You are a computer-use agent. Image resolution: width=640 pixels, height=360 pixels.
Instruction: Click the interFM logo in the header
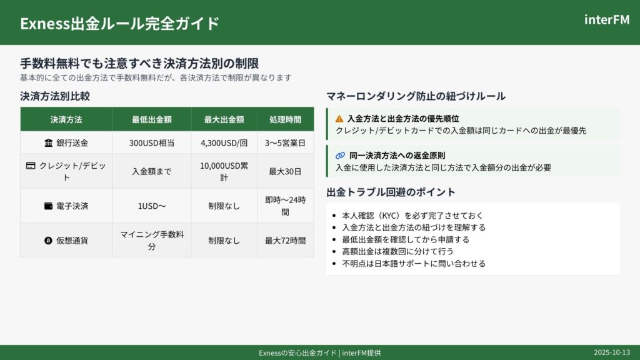[x=607, y=19]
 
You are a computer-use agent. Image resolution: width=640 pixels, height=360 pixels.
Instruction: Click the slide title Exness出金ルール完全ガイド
[x=119, y=23]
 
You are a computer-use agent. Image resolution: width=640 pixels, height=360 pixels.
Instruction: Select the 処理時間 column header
[x=285, y=119]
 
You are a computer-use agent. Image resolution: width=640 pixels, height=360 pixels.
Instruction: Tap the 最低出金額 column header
[x=152, y=119]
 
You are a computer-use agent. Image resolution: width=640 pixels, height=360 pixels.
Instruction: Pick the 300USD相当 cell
[x=152, y=143]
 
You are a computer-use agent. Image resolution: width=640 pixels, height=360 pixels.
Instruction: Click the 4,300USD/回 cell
[x=224, y=143]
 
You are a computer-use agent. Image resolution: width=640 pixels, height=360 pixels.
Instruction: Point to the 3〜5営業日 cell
[x=285, y=143]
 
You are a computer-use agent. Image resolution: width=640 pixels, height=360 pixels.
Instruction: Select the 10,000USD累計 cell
[x=224, y=171]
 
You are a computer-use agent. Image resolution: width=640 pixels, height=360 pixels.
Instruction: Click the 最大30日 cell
[x=285, y=171]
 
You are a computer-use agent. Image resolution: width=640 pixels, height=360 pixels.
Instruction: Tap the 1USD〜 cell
[x=152, y=206]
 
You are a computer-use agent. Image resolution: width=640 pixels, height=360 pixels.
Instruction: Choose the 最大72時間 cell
[x=285, y=241]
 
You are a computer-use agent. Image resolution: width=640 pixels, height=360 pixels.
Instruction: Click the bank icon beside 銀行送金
[x=49, y=143]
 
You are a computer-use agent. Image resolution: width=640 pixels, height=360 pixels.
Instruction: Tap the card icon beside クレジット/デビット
[x=31, y=165]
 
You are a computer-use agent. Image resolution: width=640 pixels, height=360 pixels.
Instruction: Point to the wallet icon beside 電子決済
[x=49, y=206]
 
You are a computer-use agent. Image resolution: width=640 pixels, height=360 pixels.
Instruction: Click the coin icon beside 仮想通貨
[x=48, y=241]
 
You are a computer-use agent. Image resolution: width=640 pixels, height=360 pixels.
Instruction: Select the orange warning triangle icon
[x=339, y=119]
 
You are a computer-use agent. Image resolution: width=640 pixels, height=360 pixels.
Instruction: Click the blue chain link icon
[x=340, y=156]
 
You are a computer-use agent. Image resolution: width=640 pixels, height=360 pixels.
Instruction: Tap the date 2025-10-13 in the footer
[x=612, y=352]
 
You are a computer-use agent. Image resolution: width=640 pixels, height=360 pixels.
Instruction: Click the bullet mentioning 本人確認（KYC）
[x=412, y=215]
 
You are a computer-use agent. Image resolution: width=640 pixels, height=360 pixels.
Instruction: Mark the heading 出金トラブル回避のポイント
[x=391, y=192]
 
